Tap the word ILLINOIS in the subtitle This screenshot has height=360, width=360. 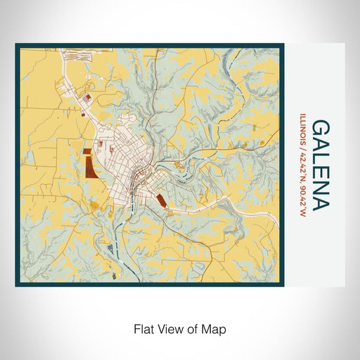tap(303, 129)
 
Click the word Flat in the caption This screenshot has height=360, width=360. tap(143, 328)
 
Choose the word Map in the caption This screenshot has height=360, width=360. tap(214, 328)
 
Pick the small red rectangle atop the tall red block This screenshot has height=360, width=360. tap(86, 150)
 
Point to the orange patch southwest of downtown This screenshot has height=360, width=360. tap(94, 205)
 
